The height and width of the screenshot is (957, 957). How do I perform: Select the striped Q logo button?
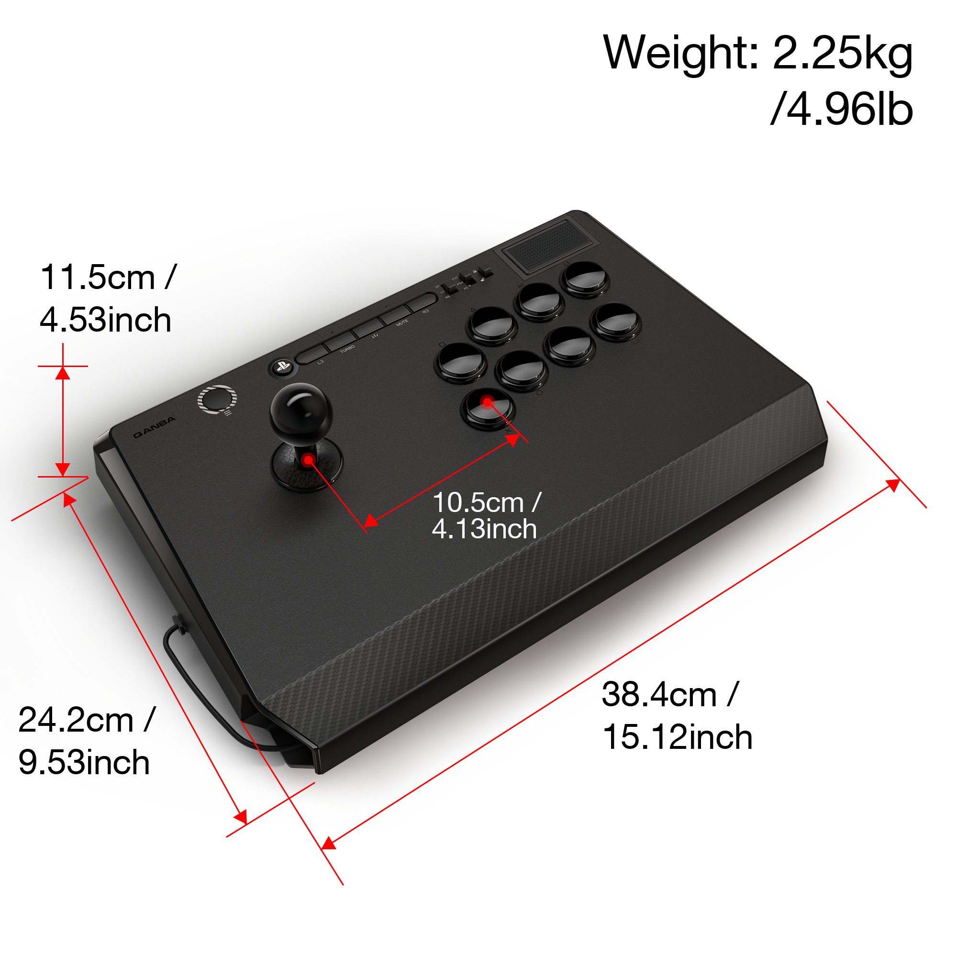(x=217, y=400)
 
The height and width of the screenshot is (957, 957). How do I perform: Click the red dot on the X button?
(x=488, y=402)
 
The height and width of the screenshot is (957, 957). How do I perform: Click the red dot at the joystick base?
(x=309, y=460)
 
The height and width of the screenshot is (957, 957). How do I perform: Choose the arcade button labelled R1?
(x=539, y=300)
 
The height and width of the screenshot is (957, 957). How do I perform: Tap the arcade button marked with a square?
(x=460, y=362)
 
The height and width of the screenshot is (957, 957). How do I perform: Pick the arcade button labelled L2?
(x=615, y=322)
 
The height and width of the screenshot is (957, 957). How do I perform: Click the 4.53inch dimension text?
(x=105, y=320)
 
